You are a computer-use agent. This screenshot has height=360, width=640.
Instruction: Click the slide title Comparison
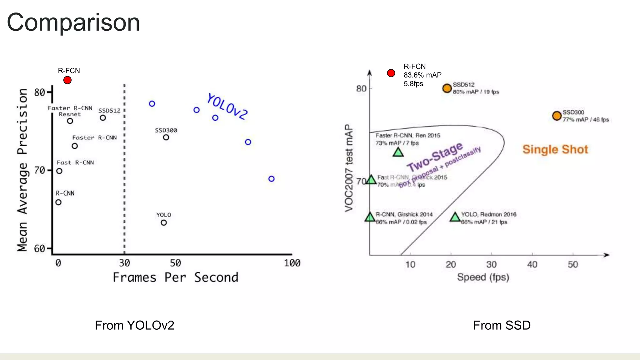pyautogui.click(x=73, y=22)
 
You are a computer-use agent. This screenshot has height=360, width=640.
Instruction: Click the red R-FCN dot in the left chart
pyautogui.click(x=67, y=80)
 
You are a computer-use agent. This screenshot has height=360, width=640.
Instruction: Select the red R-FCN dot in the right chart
pyautogui.click(x=391, y=73)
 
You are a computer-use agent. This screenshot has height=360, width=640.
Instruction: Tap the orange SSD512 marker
pyautogui.click(x=447, y=88)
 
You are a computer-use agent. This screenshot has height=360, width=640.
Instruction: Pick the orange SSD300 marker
pyautogui.click(x=557, y=116)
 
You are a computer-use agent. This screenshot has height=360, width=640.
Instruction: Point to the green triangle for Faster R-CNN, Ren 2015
pyautogui.click(x=398, y=152)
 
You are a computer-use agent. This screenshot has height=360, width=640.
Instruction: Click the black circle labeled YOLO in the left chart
pyautogui.click(x=164, y=223)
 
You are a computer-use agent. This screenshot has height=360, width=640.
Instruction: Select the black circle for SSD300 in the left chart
pyautogui.click(x=166, y=137)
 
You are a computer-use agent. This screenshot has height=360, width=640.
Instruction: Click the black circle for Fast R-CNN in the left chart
pyautogui.click(x=59, y=171)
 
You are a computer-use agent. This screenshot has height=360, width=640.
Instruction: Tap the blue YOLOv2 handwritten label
pyautogui.click(x=227, y=107)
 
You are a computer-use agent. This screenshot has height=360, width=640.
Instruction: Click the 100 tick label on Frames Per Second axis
pyautogui.click(x=292, y=263)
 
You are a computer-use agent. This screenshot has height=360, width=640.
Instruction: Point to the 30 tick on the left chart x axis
pyautogui.click(x=124, y=263)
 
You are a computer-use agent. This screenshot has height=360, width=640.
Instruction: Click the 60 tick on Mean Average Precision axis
pyautogui.click(x=40, y=249)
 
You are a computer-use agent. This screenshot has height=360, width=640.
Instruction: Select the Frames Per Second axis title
pyautogui.click(x=175, y=277)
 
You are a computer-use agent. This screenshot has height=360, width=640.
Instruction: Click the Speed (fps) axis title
pyautogui.click(x=483, y=277)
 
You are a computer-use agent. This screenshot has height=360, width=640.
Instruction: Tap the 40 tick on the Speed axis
pyautogui.click(x=532, y=265)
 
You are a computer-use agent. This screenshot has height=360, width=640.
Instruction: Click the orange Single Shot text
pyautogui.click(x=555, y=149)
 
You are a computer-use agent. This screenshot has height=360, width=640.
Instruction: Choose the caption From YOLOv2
pyautogui.click(x=134, y=325)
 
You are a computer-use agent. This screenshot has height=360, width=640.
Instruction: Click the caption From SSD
pyautogui.click(x=502, y=325)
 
